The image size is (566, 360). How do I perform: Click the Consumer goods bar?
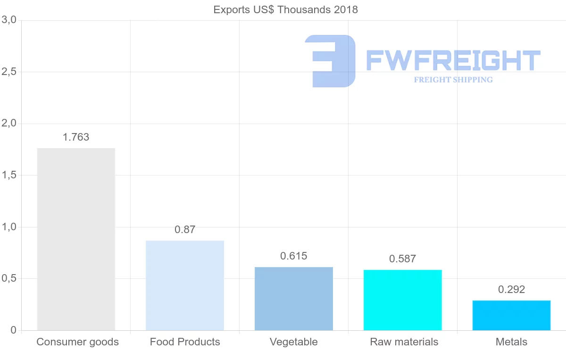click(x=76, y=239)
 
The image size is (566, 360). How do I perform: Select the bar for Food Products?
click(x=185, y=285)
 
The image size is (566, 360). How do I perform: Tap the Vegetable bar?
click(x=294, y=299)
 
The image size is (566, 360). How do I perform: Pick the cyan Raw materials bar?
click(x=403, y=300)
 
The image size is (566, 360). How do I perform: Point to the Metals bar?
click(x=512, y=315)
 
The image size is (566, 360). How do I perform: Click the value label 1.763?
click(x=76, y=137)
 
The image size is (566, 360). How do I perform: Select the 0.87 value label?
click(x=185, y=230)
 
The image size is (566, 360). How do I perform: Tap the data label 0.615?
click(x=294, y=256)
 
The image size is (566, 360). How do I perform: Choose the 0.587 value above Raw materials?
click(x=403, y=259)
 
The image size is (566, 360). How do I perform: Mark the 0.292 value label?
click(x=512, y=290)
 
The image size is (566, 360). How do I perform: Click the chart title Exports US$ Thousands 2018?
click(x=286, y=10)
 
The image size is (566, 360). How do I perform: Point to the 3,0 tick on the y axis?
click(x=9, y=20)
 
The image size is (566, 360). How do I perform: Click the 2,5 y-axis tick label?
click(x=9, y=72)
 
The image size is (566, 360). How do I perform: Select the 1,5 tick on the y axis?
click(x=9, y=175)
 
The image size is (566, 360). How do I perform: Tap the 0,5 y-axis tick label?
click(x=9, y=278)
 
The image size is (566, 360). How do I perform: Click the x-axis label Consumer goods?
click(x=78, y=342)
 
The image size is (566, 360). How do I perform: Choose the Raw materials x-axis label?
click(x=404, y=342)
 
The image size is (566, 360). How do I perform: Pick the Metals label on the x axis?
click(x=512, y=342)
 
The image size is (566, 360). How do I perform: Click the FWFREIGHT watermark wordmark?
click(x=453, y=61)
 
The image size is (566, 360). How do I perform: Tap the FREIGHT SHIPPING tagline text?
click(x=453, y=80)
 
